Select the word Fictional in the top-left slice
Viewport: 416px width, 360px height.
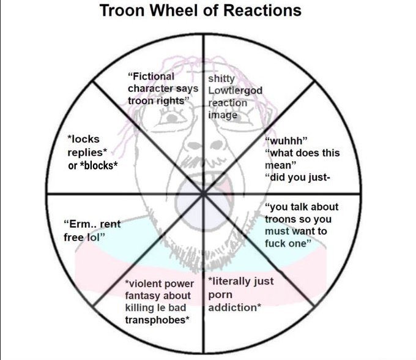(x=152, y=77)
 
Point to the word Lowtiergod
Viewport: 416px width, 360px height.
(x=235, y=91)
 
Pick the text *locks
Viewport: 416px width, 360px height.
(x=83, y=140)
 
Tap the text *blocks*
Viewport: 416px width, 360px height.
(x=100, y=165)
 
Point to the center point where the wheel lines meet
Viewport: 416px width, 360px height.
(x=203, y=194)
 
